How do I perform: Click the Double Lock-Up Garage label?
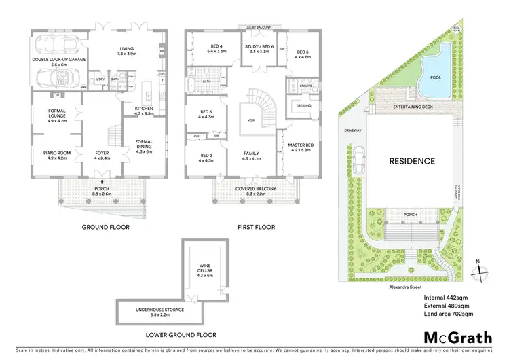[x=56, y=61]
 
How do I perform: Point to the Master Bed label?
[x=299, y=146]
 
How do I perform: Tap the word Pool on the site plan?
[x=436, y=78]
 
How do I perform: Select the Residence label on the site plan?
[x=411, y=161]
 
